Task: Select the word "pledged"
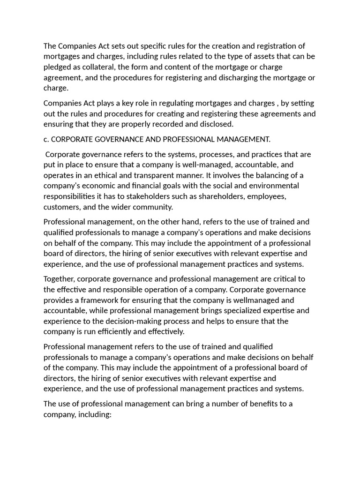pyautogui.click(x=58, y=67)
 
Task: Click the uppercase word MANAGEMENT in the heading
pyautogui.click(x=240, y=139)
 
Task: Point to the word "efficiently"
pyautogui.click(x=117, y=331)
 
